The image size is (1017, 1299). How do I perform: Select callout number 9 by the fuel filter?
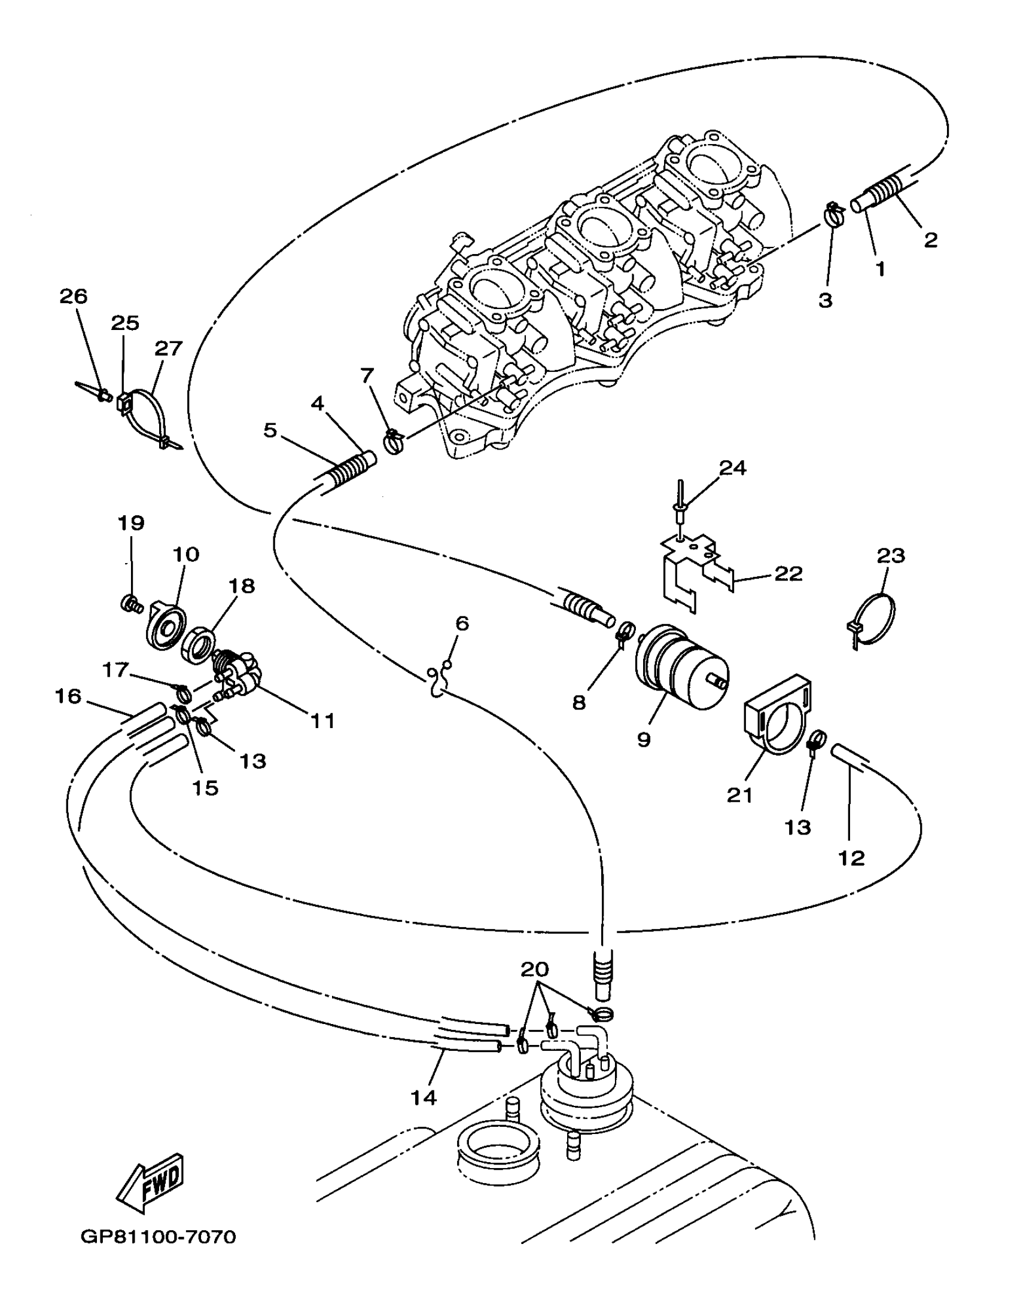coord(644,739)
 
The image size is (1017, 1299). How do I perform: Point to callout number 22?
coord(788,574)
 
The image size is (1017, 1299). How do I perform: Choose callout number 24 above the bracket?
coord(733,468)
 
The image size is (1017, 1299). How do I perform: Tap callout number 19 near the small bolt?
coord(131,523)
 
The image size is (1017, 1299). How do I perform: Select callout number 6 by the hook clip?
coord(462,623)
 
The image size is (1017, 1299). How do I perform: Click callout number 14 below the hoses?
coord(424,1098)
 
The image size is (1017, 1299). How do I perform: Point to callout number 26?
coord(73,297)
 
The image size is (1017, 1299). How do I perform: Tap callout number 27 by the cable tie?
coord(168,348)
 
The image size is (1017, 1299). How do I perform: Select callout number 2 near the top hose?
coord(930,240)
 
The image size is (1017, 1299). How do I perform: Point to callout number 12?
coord(852,858)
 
